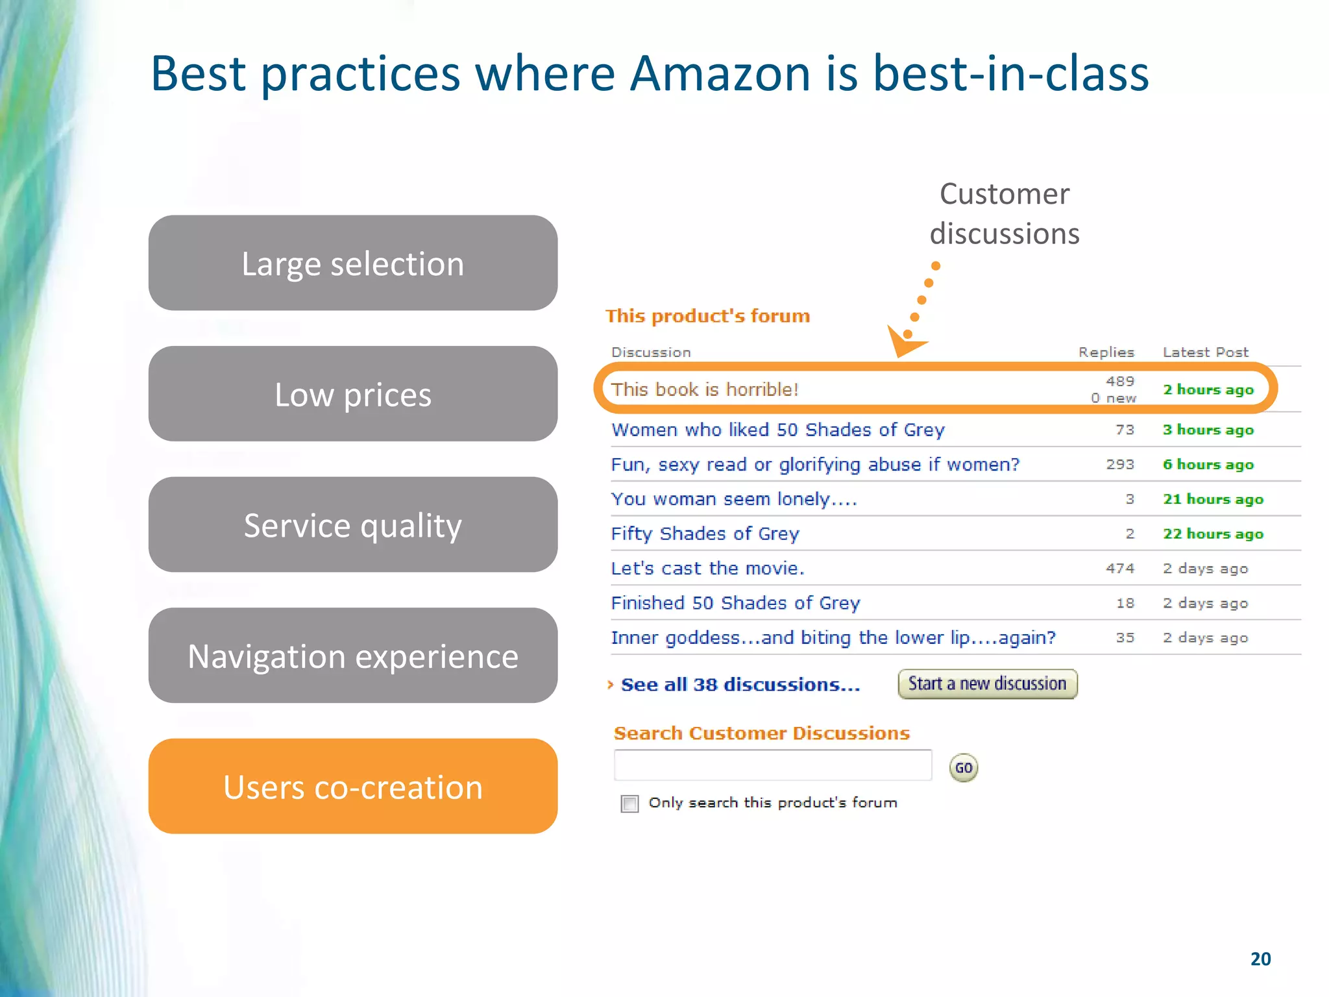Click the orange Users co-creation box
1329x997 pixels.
[352, 786]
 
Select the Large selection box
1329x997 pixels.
[352, 263]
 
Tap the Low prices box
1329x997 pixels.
[352, 394]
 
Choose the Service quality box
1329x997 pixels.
[352, 524]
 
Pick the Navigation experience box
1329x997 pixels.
[352, 656]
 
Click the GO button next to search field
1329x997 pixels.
[963, 768]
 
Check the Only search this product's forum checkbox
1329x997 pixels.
[629, 804]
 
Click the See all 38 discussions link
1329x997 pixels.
[740, 685]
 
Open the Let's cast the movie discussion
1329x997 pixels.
[707, 569]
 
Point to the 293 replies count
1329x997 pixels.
[1120, 465]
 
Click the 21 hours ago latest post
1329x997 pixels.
[1212, 499]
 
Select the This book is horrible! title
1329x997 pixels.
[704, 389]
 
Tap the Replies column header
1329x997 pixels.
[1106, 352]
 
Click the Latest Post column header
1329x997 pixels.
[1205, 352]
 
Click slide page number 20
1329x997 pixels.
[1260, 959]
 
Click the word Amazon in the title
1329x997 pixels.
[720, 73]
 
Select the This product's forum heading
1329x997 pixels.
[707, 316]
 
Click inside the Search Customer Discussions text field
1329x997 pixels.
[772, 766]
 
